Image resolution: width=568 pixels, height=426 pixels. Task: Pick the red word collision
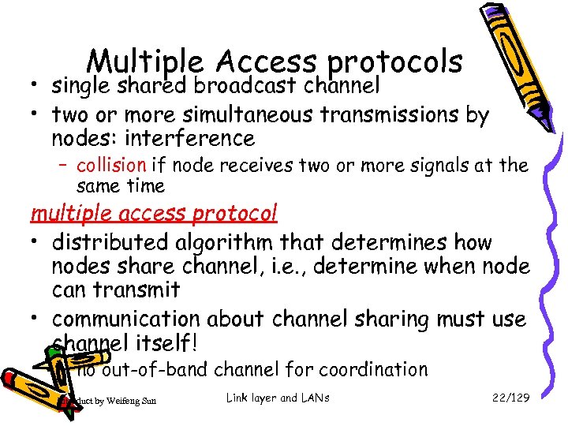pos(111,166)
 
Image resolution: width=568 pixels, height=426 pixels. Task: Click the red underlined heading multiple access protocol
pos(154,214)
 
